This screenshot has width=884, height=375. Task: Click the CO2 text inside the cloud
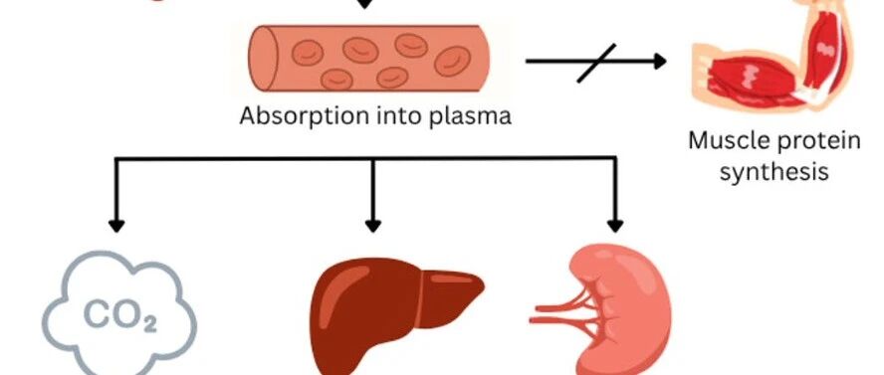coord(120,316)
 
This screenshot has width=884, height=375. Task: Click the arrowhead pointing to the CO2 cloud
coord(116,225)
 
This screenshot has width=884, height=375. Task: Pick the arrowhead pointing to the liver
coord(372,225)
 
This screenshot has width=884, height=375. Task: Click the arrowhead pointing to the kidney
coord(615,225)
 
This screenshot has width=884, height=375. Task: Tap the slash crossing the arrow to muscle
coord(597,63)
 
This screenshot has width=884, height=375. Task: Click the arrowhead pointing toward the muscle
coord(660,61)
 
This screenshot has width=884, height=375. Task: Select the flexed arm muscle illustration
coord(773,57)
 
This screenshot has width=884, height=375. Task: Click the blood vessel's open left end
coord(264,58)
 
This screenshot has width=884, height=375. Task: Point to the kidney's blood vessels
coord(563,313)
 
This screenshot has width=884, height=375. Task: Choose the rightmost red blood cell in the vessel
coord(453,62)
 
